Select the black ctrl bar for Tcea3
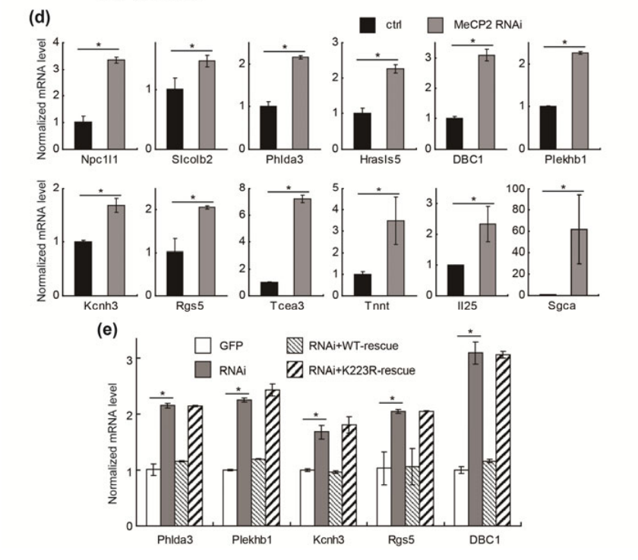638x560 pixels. pos(269,289)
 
